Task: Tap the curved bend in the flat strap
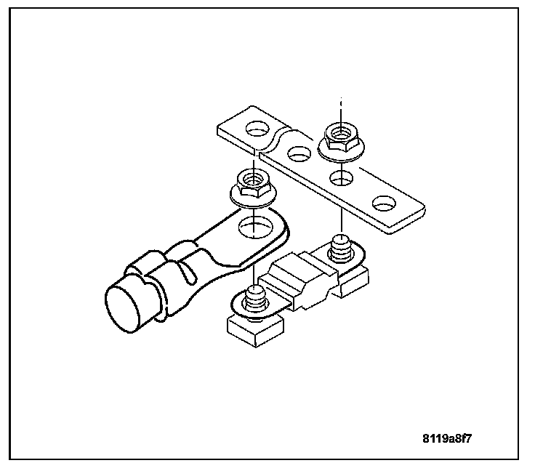279,139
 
